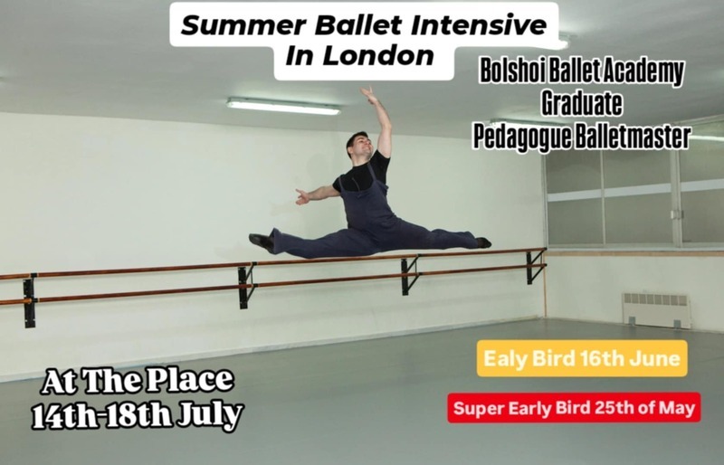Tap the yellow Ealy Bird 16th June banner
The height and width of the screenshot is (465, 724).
pos(582,358)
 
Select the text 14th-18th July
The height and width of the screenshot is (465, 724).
pos(138,416)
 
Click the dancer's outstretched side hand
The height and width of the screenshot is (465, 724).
pos(301,195)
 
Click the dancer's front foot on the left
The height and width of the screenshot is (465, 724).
pos(261,242)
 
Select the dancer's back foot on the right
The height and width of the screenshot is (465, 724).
pos(483,242)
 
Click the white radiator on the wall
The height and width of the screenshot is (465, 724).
pos(656,309)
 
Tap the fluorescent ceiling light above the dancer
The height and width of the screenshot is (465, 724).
pos(283,106)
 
